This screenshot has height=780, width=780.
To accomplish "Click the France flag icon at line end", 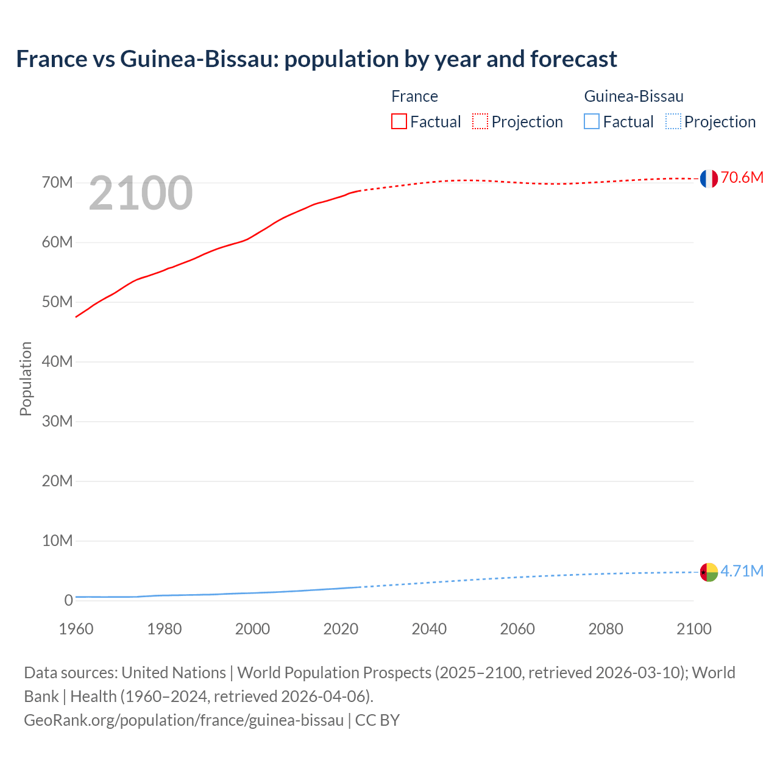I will tap(709, 179).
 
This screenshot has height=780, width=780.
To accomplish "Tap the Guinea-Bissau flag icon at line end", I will tap(709, 572).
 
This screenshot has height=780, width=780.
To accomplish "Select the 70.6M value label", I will tap(742, 177).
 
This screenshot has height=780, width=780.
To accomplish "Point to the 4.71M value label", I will tap(742, 571).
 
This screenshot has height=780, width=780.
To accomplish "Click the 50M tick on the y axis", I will tap(57, 302).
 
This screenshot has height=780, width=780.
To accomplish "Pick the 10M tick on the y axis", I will tap(57, 541).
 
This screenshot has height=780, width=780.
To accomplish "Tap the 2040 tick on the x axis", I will tap(429, 629).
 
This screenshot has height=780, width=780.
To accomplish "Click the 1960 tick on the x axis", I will tap(76, 629).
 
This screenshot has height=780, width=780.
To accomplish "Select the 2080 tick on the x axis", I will tap(606, 629).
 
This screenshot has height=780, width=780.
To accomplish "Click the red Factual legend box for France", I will tap(399, 122).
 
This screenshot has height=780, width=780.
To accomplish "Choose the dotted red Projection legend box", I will tap(480, 122).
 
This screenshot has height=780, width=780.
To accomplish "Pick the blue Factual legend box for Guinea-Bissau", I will tap(592, 122).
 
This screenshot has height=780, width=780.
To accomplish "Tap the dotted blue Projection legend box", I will tap(673, 122).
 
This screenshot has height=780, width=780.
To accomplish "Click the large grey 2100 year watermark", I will tap(141, 194).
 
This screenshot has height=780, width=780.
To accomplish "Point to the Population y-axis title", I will tap(26, 378).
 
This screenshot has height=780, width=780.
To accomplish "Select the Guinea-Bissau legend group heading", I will tap(634, 96).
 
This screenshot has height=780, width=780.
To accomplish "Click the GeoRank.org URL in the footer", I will tap(183, 720).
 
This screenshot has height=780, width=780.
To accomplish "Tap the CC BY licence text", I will tap(377, 720).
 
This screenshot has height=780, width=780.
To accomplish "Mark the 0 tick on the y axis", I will tap(68, 601).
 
